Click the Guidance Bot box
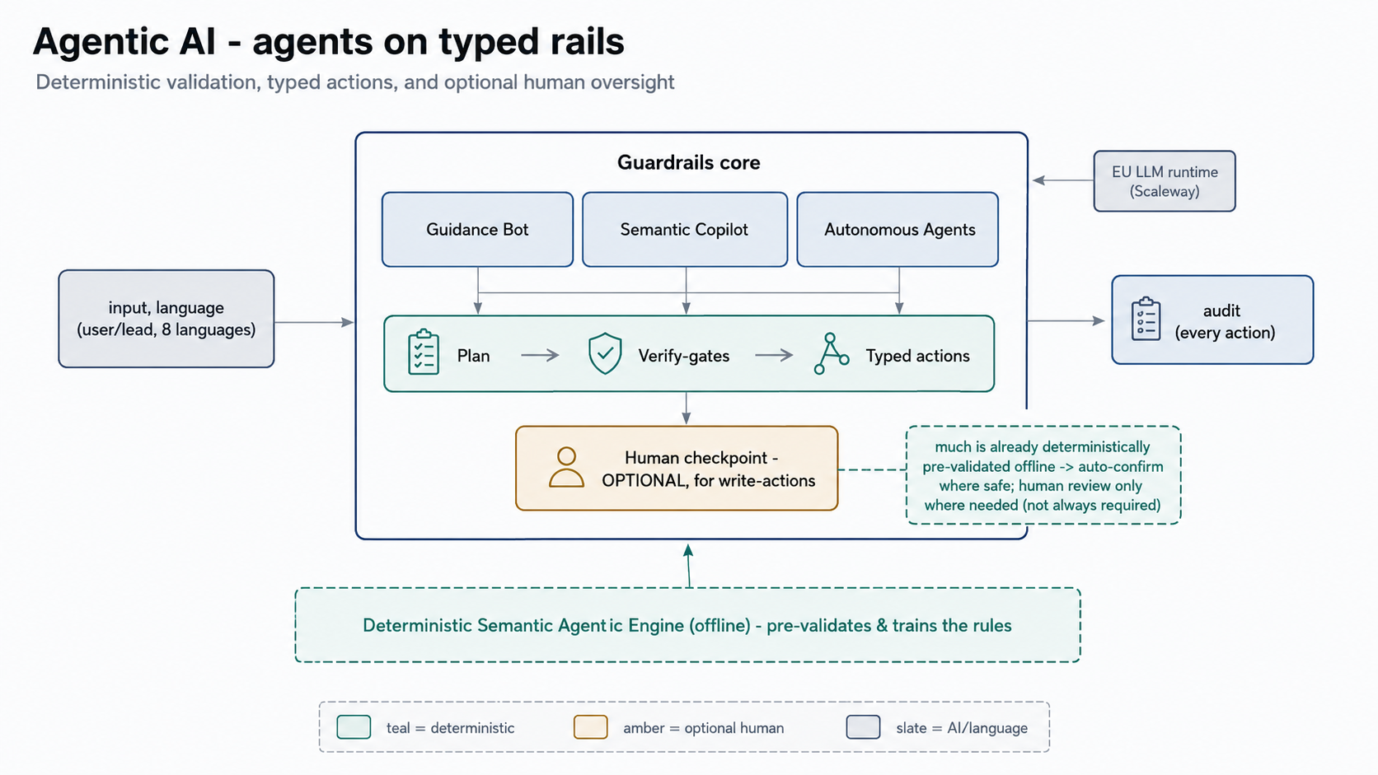point(477,229)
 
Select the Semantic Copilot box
point(685,229)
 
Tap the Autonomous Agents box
point(898,229)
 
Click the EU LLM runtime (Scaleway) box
point(1165,181)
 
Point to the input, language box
point(166,319)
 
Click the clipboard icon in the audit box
point(1146,319)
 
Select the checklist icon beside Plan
point(424,352)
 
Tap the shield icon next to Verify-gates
point(605,353)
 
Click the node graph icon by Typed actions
point(831,353)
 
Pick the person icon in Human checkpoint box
point(566,468)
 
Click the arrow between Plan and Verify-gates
point(540,355)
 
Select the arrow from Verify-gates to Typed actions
point(774,355)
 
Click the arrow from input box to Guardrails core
point(314,322)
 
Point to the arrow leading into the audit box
point(1066,321)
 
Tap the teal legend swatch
point(354,727)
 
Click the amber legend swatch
point(591,727)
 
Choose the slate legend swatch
point(863,727)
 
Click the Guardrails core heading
point(688,162)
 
